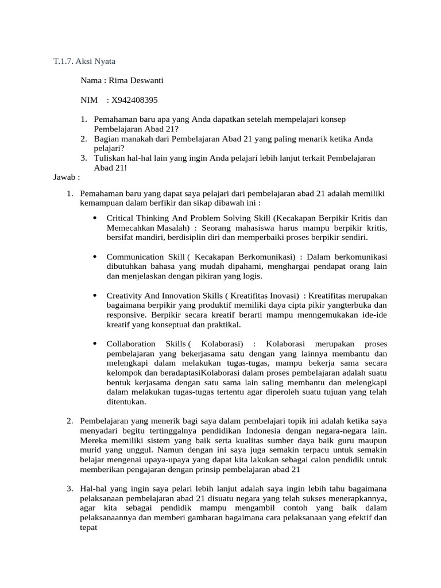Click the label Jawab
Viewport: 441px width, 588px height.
pyautogui.click(x=65, y=177)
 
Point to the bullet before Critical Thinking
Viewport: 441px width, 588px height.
pyautogui.click(x=94, y=218)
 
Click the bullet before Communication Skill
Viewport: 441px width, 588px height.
pyautogui.click(x=94, y=257)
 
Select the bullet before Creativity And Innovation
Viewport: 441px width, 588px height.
pyautogui.click(x=94, y=295)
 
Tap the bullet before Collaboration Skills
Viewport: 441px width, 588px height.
pyautogui.click(x=94, y=343)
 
